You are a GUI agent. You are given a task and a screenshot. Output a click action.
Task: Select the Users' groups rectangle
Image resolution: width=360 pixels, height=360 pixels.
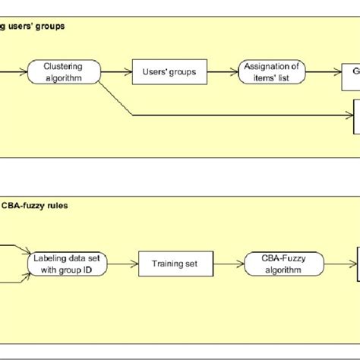click(169, 72)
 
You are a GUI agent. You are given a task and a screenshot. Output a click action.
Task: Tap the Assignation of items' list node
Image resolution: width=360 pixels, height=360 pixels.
click(272, 72)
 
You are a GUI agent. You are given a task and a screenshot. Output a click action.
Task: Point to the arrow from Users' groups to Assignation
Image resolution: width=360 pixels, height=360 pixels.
click(221, 72)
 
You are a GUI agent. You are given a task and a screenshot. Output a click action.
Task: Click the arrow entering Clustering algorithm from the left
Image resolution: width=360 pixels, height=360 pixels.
click(14, 72)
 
